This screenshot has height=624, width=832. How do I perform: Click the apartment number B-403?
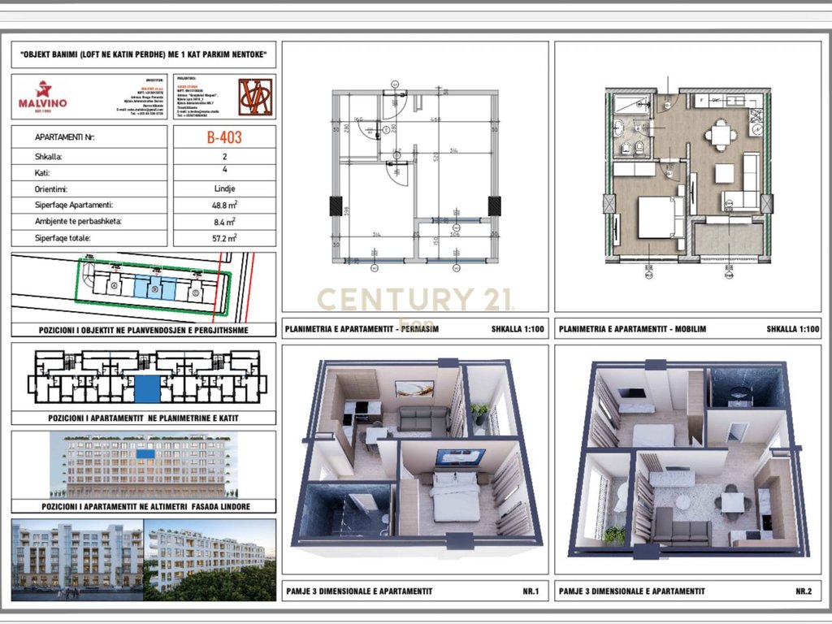point(224,138)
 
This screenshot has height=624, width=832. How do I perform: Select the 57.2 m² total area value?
point(224,238)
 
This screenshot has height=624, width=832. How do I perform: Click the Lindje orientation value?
point(224,188)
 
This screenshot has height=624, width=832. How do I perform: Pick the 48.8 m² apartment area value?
point(224,205)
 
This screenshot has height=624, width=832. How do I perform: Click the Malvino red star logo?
point(42,89)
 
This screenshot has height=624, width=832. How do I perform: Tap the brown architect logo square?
point(255,97)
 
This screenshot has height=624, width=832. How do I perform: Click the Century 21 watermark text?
point(415,299)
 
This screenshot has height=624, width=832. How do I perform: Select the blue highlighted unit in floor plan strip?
point(147,389)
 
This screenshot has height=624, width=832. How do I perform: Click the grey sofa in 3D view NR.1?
point(422,420)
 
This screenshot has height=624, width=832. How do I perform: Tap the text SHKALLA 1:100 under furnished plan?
point(792,330)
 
